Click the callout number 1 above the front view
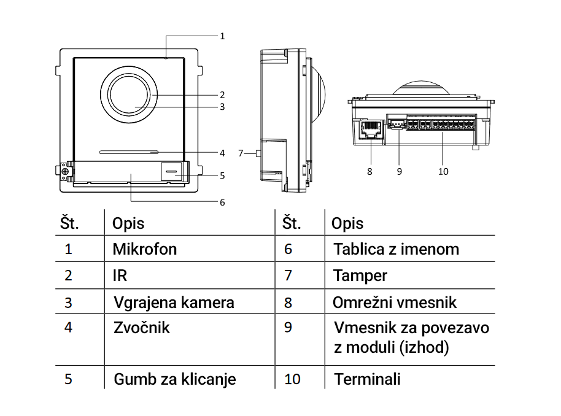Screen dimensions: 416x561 click(x=222, y=36)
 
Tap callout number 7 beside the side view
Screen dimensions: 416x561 click(x=241, y=153)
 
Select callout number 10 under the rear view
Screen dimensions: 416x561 click(x=443, y=172)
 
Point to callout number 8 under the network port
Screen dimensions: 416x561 click(x=369, y=172)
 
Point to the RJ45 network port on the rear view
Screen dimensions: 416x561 click(x=370, y=129)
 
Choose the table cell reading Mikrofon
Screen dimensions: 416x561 click(x=145, y=249)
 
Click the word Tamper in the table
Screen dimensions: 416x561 click(x=360, y=276)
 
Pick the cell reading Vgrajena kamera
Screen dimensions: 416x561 click(x=174, y=302)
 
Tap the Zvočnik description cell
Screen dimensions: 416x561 click(x=142, y=328)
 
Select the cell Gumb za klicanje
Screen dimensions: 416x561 click(x=175, y=379)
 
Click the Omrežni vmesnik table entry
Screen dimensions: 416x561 click(x=395, y=302)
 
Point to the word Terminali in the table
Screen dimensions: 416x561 click(x=367, y=379)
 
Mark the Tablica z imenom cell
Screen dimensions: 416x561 click(x=396, y=249)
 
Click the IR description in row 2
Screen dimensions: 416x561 click(x=120, y=276)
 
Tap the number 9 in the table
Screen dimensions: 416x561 click(x=288, y=328)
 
